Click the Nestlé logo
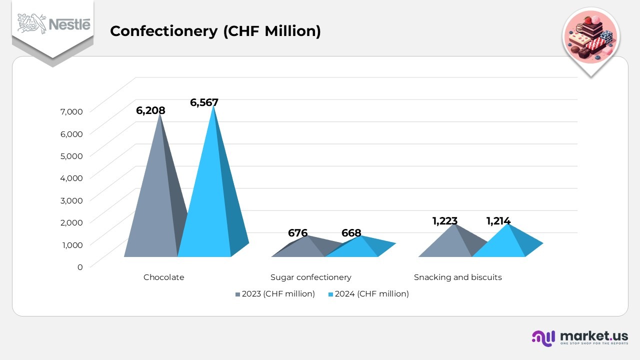[x=54, y=23]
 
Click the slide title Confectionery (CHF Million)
[x=215, y=31]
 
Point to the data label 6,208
[x=150, y=110]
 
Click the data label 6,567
[x=204, y=102]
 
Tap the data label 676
[x=297, y=233]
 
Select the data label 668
[x=351, y=233]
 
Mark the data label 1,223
[x=444, y=221]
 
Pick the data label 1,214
[x=498, y=221]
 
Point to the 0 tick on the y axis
[x=79, y=267]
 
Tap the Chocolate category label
[x=163, y=277]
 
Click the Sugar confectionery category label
[x=310, y=277]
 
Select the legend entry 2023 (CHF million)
[x=275, y=294]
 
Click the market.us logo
[x=580, y=337]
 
